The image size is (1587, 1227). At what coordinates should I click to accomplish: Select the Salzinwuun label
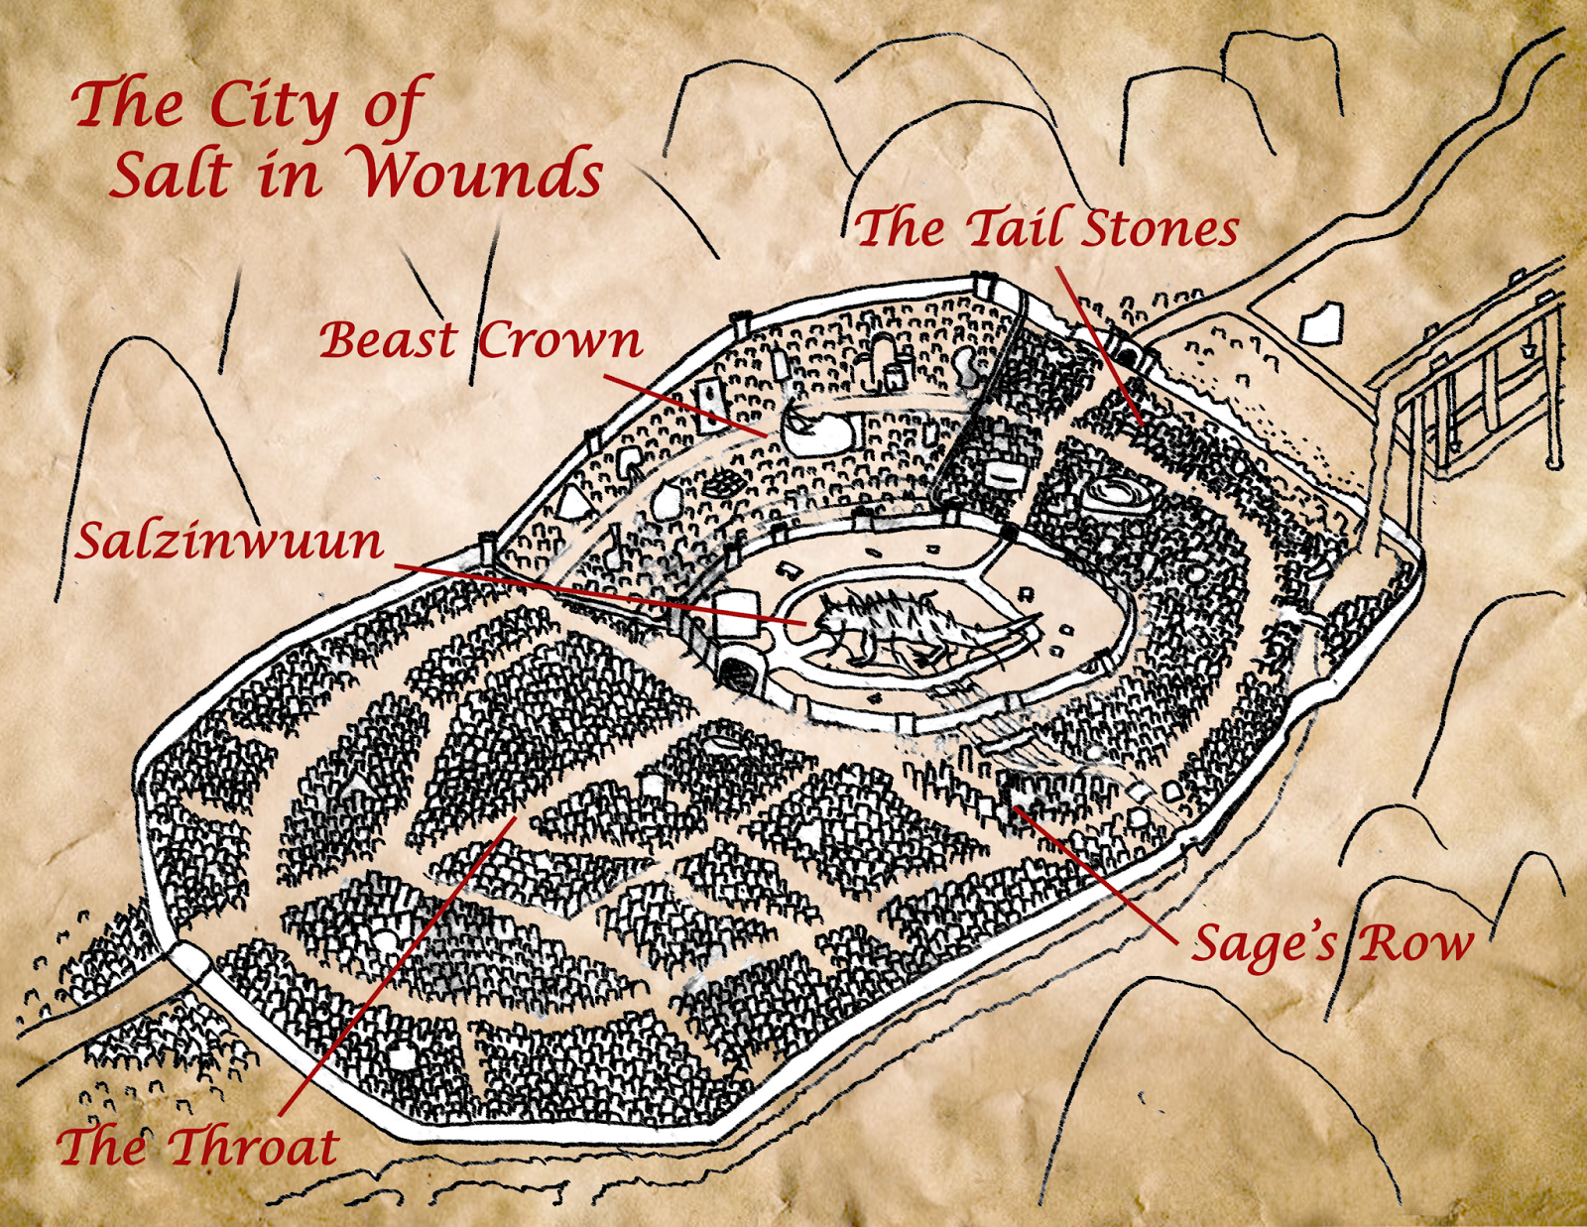click(x=230, y=542)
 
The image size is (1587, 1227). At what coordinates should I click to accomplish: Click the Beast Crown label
click(x=480, y=340)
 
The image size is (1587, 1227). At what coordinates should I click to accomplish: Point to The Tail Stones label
click(x=1047, y=228)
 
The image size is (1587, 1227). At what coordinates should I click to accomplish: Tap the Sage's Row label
click(x=1332, y=942)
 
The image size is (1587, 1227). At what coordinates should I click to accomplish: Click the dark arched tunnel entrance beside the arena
click(x=736, y=674)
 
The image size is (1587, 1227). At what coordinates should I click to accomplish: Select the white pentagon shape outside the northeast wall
click(x=1321, y=321)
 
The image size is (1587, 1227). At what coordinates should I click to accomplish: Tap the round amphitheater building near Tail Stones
click(x=1117, y=493)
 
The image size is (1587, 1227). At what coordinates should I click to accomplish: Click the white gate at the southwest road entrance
click(x=188, y=961)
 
